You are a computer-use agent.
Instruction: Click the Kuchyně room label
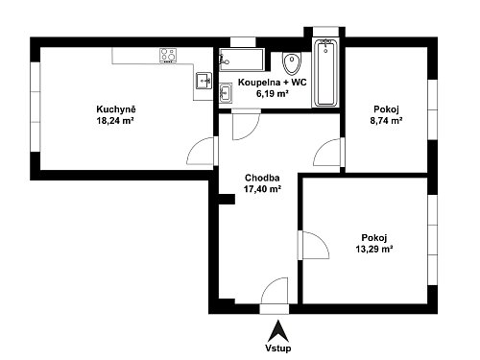coord(116,109)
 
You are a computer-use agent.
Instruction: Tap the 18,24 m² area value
coord(115,121)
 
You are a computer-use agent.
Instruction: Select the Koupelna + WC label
coord(273,83)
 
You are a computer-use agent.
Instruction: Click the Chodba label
coord(262,178)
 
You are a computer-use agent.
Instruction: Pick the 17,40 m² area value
coord(262,189)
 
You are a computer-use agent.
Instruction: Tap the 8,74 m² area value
coord(386,121)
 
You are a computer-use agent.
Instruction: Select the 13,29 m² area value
coord(374,249)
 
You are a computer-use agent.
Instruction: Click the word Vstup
coord(278,348)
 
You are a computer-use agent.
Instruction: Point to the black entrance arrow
coord(278,331)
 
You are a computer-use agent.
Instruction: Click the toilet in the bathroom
coord(292,62)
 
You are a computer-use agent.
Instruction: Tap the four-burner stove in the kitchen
coord(168,56)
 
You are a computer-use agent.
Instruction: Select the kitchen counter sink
coord(204,81)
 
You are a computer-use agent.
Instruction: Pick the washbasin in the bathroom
coord(226,93)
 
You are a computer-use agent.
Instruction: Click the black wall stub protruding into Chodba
coord(227,199)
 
